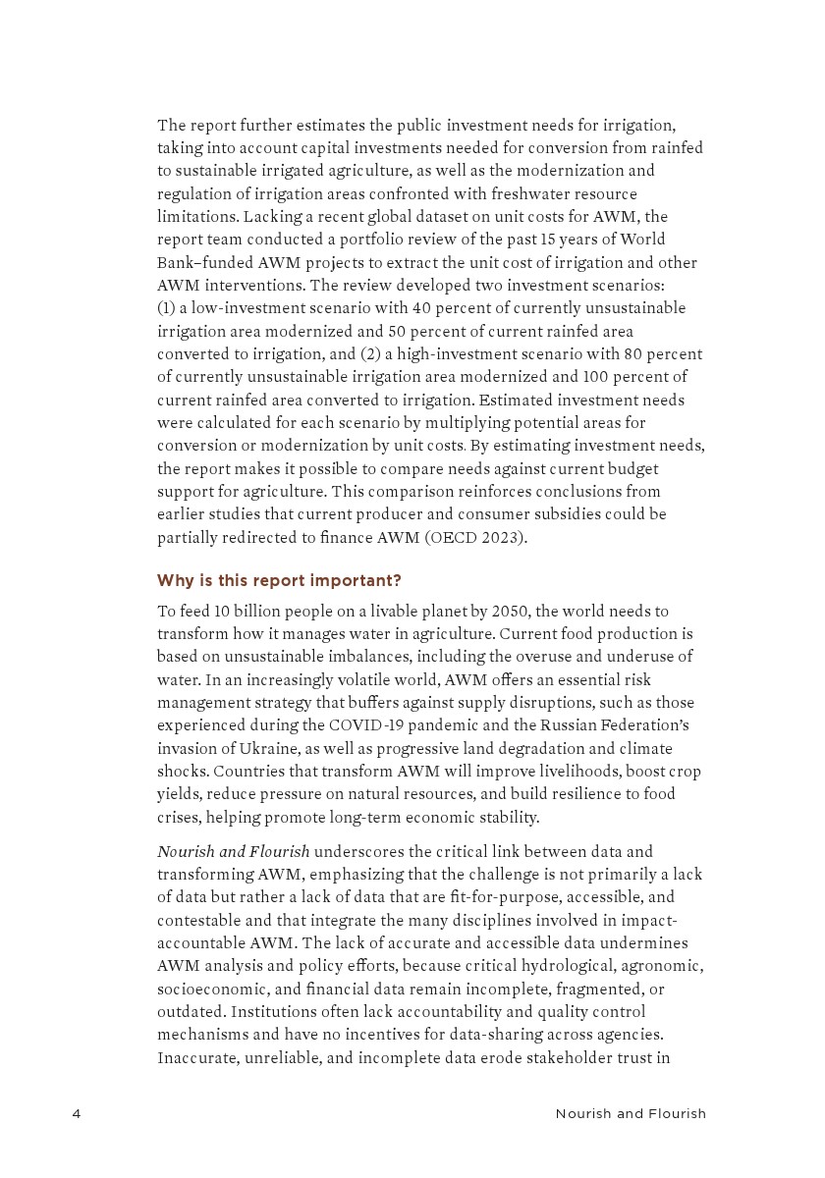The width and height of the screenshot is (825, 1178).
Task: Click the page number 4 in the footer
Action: [x=77, y=1113]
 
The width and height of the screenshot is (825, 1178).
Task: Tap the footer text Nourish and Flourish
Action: [x=631, y=1113]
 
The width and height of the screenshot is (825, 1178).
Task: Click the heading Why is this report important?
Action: [x=279, y=580]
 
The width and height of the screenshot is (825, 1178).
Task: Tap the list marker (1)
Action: [x=167, y=308]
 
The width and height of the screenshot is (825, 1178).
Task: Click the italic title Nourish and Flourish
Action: [x=234, y=851]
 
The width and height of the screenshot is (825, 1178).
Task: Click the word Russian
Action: [x=571, y=725]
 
